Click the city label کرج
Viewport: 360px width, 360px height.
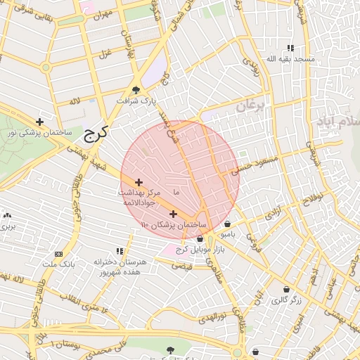coord(93,134)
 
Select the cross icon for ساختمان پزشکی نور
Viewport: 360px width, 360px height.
coord(39,122)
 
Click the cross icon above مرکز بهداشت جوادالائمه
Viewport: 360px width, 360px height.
coord(139,182)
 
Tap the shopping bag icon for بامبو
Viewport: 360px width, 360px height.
coord(228,224)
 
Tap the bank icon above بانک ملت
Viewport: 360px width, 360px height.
coord(58,254)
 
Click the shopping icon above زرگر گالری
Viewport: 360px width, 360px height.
coord(286,290)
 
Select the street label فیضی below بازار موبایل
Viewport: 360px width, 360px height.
coord(182,266)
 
